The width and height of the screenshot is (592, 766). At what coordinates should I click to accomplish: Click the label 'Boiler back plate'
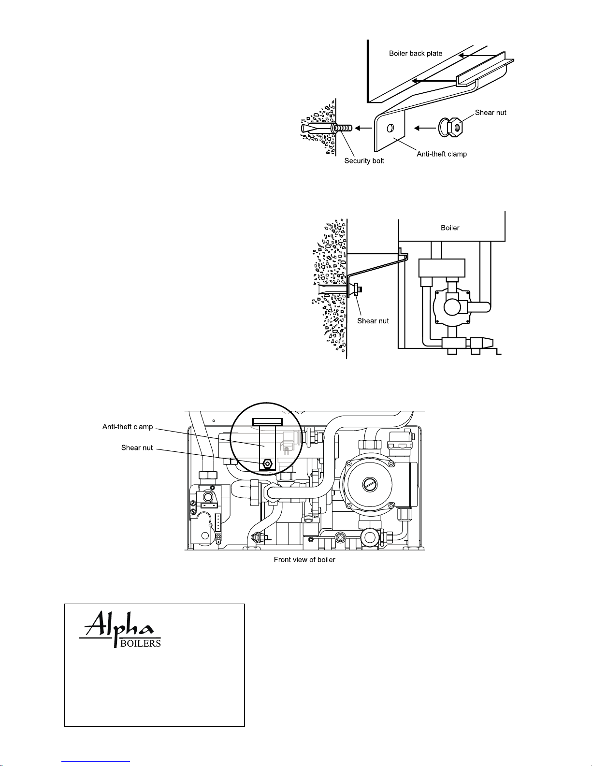click(x=416, y=54)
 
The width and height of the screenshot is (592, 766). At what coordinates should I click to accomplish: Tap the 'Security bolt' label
click(x=364, y=161)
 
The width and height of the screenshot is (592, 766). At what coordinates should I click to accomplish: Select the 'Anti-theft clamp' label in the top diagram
click(x=442, y=154)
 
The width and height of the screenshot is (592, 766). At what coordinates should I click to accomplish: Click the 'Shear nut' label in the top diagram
click(x=491, y=113)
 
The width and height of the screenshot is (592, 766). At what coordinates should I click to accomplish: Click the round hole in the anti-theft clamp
click(x=390, y=129)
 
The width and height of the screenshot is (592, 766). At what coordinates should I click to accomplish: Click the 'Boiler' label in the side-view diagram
click(x=450, y=228)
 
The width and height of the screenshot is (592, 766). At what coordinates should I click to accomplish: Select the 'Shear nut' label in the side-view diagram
click(x=373, y=321)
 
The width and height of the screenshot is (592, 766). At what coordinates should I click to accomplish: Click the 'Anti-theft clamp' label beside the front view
click(x=128, y=427)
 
